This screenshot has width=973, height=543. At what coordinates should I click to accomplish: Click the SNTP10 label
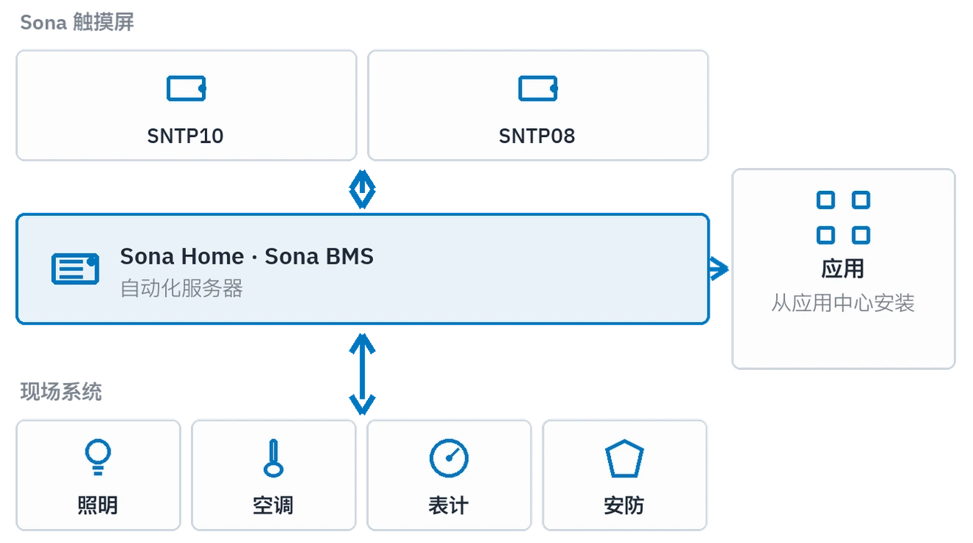point(186,136)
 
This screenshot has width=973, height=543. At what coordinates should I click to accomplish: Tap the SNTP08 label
point(537,136)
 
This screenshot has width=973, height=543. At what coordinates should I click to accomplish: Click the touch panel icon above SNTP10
point(186,88)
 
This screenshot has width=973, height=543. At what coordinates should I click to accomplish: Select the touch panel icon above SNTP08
point(538,88)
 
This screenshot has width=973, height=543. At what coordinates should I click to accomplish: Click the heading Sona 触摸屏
point(77,22)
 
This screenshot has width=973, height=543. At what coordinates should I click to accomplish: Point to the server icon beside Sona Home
point(75,269)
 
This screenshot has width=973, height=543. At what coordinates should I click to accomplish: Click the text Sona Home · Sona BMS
point(247,256)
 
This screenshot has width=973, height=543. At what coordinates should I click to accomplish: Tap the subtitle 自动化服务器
point(181,288)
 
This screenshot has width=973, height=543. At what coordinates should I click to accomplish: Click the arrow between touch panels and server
point(362,189)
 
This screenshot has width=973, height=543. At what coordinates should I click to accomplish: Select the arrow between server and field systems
point(362,374)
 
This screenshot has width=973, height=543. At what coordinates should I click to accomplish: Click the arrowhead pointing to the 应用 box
point(719,269)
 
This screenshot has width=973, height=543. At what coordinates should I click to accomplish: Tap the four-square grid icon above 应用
point(843,217)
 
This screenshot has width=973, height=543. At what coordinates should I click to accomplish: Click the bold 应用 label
point(843,269)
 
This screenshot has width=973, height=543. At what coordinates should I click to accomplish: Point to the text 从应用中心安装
point(843,303)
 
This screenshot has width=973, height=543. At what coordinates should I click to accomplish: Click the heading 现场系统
point(60,391)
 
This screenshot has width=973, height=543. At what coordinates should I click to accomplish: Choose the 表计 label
point(448,505)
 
